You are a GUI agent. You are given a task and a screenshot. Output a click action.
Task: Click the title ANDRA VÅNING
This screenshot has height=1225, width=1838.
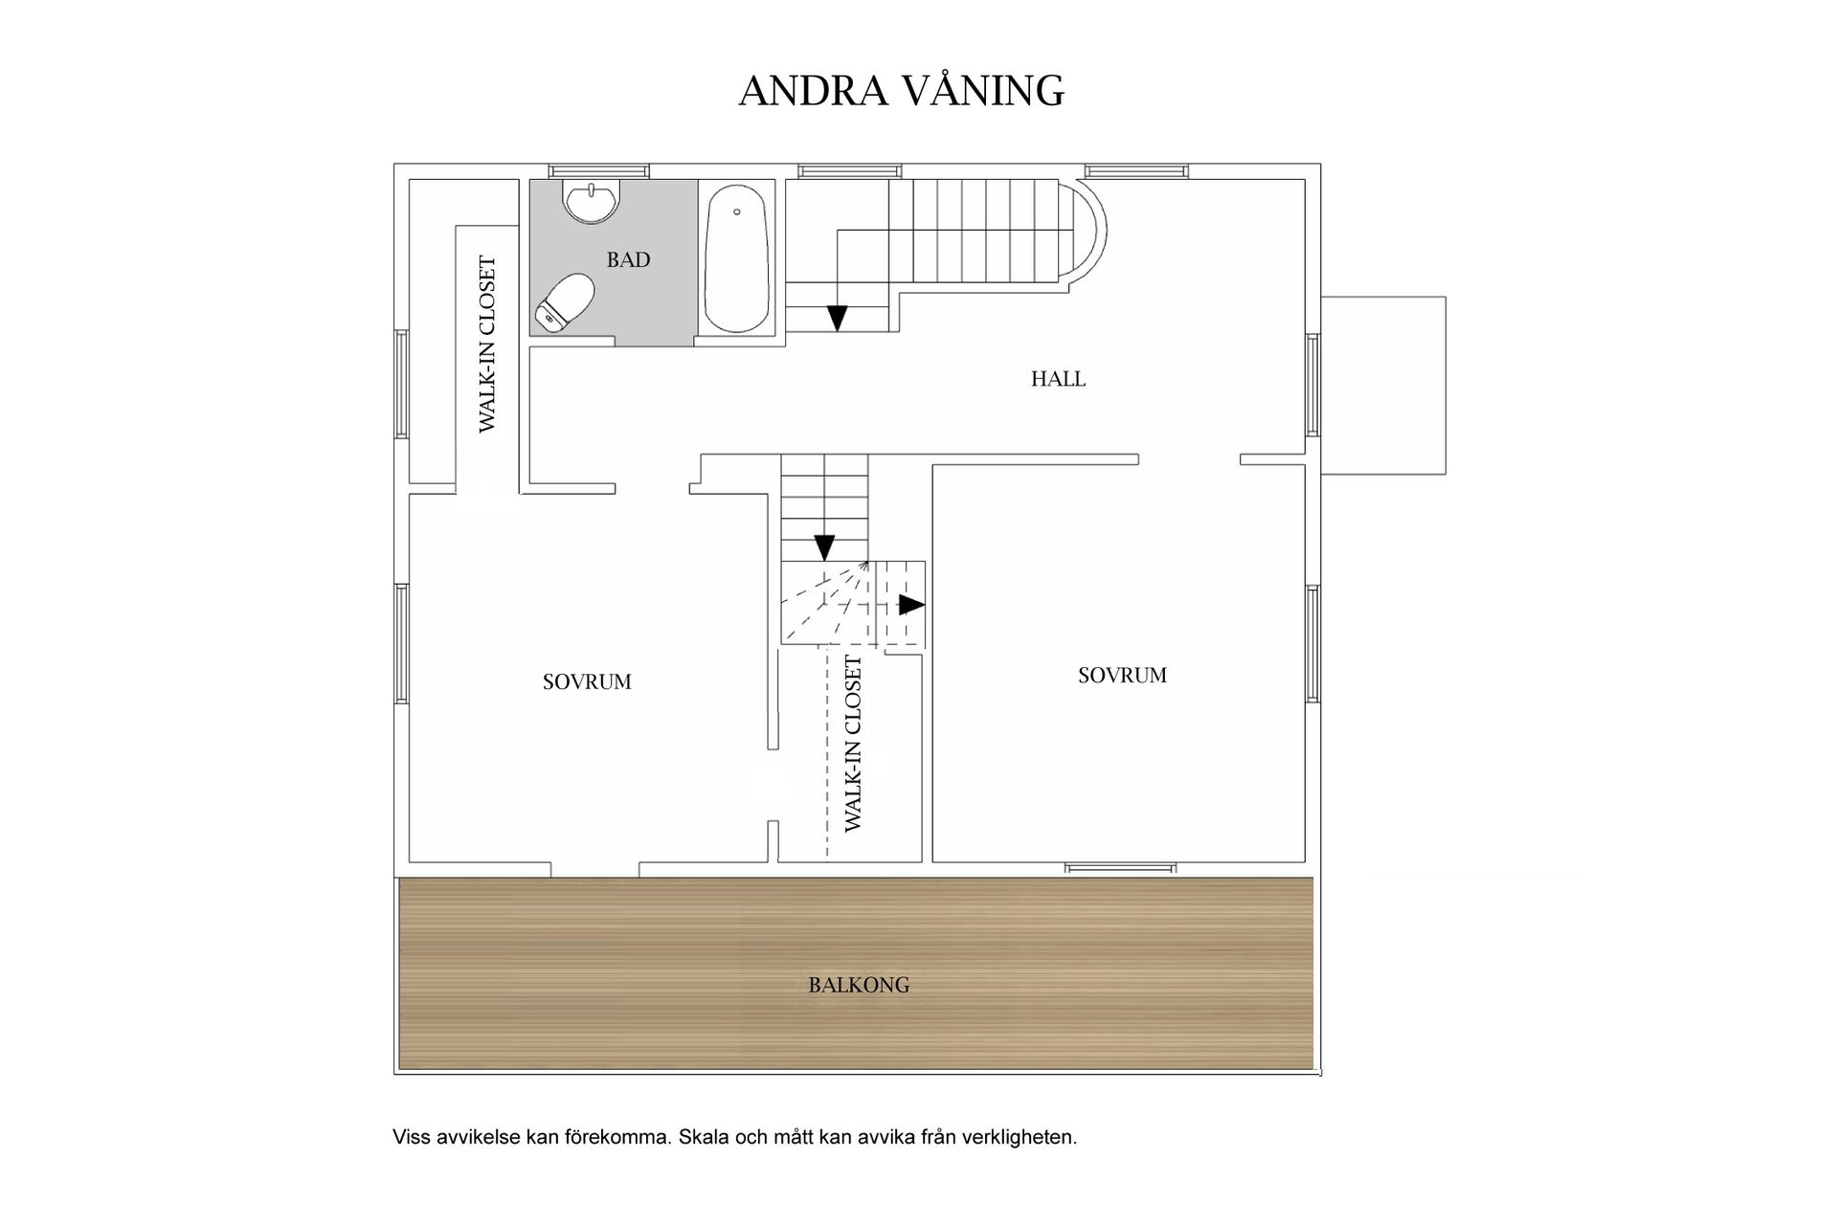pyautogui.click(x=901, y=91)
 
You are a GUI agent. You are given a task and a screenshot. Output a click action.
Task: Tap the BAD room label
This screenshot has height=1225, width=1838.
pyautogui.click(x=628, y=259)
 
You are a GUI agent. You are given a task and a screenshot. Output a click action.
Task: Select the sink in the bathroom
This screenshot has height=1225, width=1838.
pyautogui.click(x=593, y=201)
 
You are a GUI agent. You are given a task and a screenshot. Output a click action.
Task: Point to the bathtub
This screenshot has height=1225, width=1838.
pyautogui.click(x=736, y=257)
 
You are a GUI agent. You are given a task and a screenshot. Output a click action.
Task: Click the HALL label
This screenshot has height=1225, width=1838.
pyautogui.click(x=1058, y=379)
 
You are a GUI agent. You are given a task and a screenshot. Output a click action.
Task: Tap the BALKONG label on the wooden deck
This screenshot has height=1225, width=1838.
pyautogui.click(x=859, y=985)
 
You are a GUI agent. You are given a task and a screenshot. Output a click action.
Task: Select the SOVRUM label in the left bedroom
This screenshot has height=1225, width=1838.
pyautogui.click(x=587, y=682)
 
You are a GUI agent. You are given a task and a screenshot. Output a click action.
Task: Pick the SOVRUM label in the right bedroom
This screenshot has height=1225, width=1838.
pyautogui.click(x=1122, y=676)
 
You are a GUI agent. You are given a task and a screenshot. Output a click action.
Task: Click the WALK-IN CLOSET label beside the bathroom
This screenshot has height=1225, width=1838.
pyautogui.click(x=488, y=345)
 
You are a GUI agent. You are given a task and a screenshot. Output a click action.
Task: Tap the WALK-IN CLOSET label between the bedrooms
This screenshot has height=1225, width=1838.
pyautogui.click(x=853, y=744)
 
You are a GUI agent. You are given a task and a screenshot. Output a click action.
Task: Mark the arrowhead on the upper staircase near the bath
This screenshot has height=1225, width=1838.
pyautogui.click(x=838, y=318)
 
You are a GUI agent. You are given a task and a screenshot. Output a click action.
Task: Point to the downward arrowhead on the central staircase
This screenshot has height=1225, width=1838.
pyautogui.click(x=824, y=547)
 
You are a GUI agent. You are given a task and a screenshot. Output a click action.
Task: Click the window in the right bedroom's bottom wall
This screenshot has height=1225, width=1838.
pyautogui.click(x=1120, y=868)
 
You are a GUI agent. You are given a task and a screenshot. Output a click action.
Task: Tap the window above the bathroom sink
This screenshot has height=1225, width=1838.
pyautogui.click(x=604, y=171)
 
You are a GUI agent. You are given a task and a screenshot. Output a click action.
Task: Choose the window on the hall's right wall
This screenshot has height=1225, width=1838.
pyautogui.click(x=1313, y=386)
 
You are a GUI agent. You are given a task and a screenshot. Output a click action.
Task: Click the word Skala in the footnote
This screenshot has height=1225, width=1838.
pyautogui.click(x=704, y=1138)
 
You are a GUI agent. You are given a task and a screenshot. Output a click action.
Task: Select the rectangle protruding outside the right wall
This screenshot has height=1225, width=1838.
pyautogui.click(x=1383, y=386)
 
